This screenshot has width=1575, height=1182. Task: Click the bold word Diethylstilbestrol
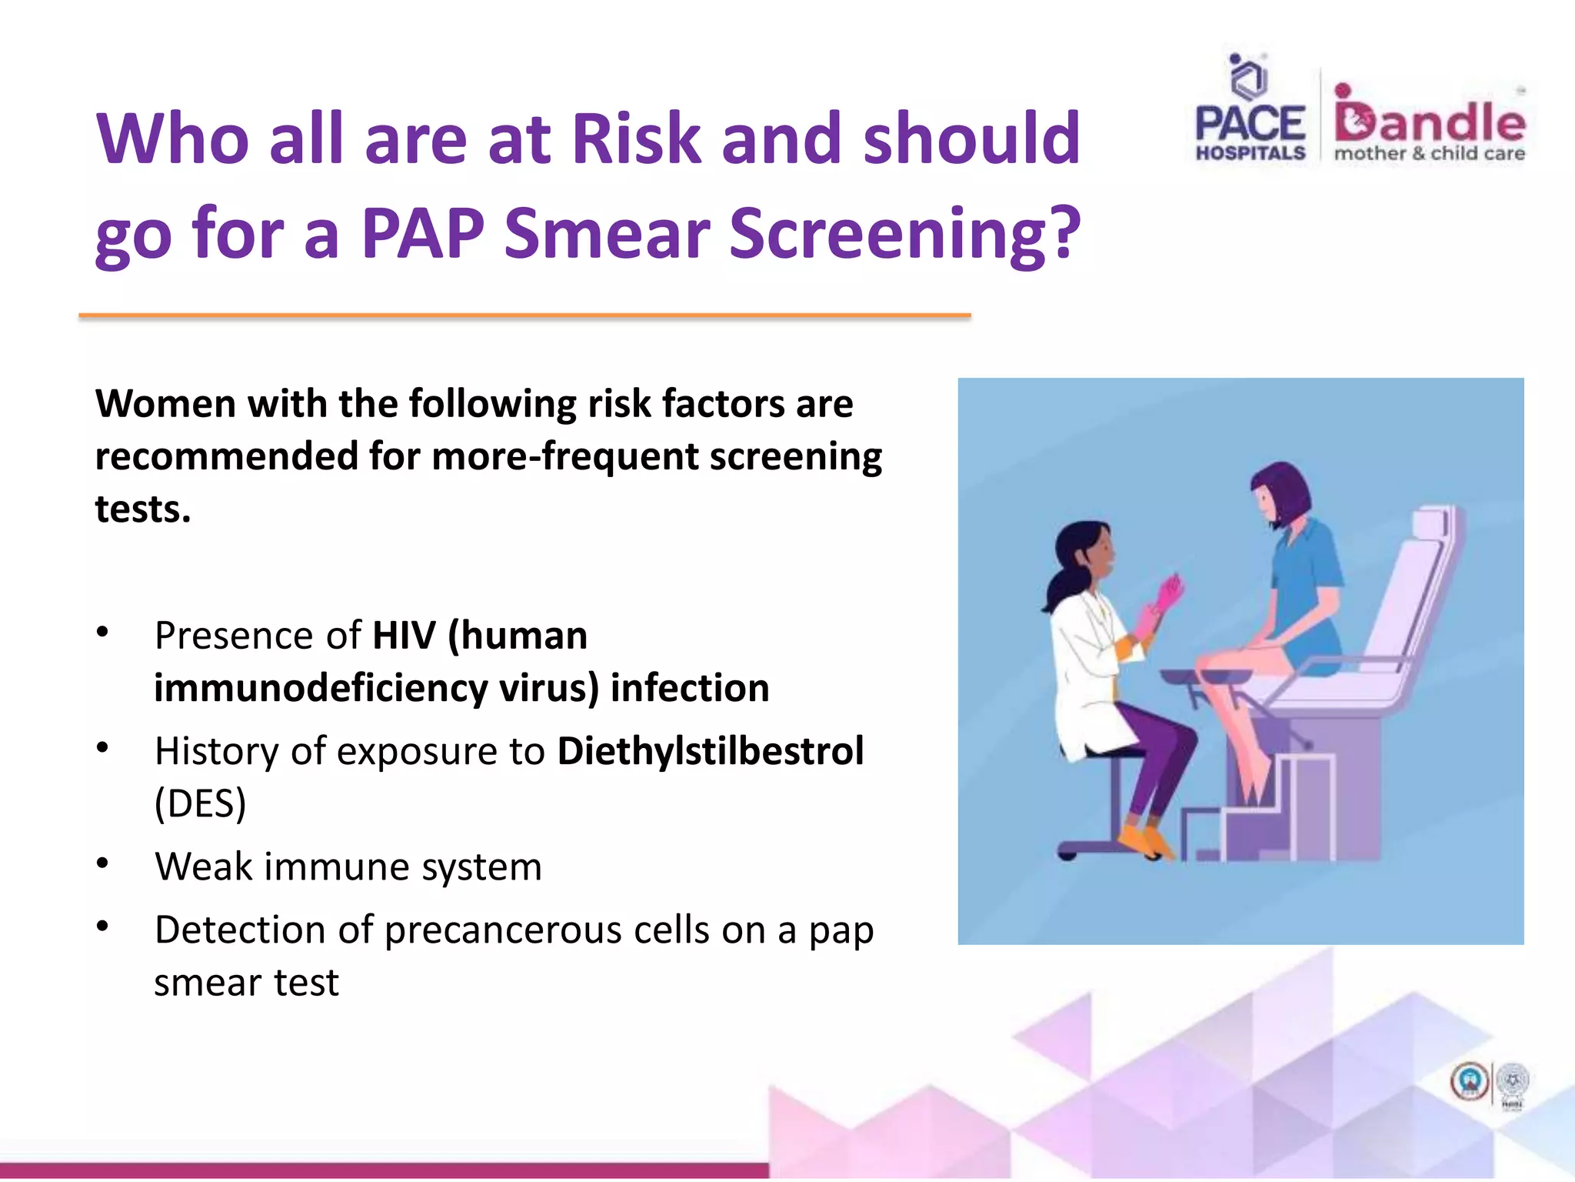pos(710,751)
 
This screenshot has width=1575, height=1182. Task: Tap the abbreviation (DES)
pos(200,803)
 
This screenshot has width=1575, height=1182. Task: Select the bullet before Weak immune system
pos(102,863)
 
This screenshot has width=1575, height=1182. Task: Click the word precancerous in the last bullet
pos(503,930)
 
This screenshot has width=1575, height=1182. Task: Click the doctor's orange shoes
pos(1144,840)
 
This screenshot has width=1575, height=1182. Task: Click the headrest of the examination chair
pos(1432,523)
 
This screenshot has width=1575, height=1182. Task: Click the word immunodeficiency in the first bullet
pos(321,688)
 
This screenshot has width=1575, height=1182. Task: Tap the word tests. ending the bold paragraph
pos(142,509)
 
